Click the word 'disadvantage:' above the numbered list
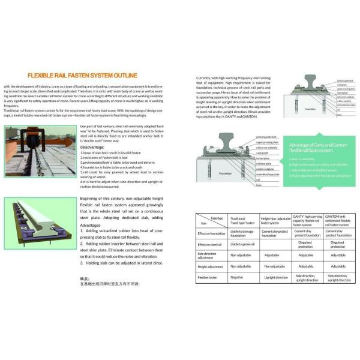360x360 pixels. click(94, 146)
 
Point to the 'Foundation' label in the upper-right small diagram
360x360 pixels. click(310, 109)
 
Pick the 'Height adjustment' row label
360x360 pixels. click(211, 266)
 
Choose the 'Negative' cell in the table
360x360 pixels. click(237, 277)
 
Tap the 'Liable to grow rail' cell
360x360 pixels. click(242, 245)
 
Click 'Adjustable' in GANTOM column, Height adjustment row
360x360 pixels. click(339, 266)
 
